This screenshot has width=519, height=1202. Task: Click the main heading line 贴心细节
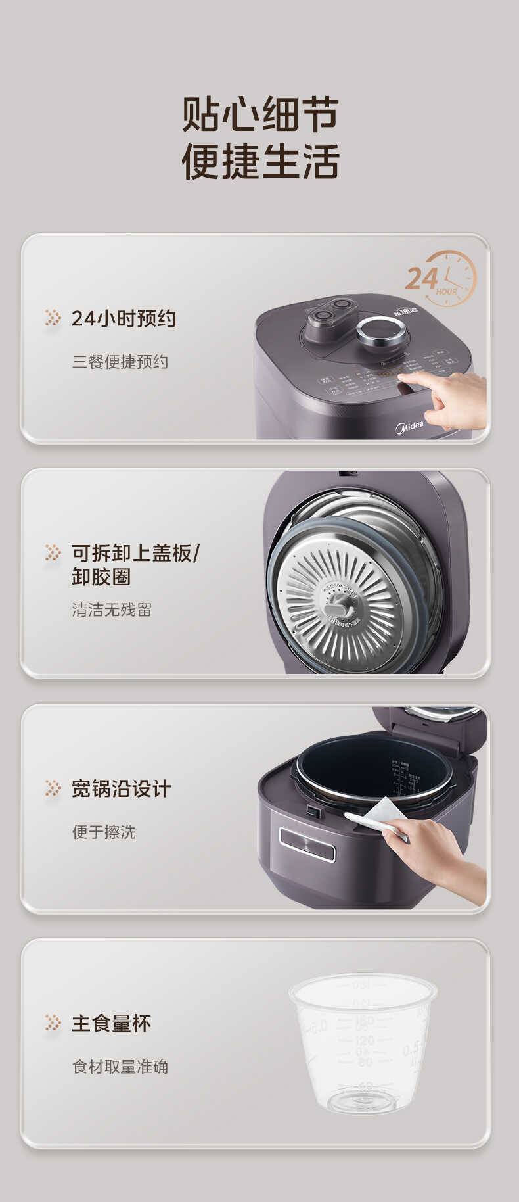click(x=260, y=114)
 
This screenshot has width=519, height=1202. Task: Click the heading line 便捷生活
click(x=260, y=162)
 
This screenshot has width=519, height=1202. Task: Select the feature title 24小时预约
click(x=124, y=318)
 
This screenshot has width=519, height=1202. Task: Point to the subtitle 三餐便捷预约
click(x=120, y=362)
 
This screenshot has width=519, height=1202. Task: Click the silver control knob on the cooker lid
click(x=381, y=331)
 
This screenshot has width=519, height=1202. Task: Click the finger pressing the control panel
click(x=420, y=380)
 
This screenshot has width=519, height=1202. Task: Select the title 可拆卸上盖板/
click(x=135, y=553)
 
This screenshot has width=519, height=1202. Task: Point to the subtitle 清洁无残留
click(x=112, y=610)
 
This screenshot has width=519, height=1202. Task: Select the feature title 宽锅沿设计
click(x=121, y=788)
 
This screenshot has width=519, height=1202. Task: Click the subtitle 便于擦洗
click(x=104, y=832)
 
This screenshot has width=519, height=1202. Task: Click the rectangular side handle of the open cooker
click(x=307, y=844)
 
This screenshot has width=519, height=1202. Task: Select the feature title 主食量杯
click(x=111, y=1023)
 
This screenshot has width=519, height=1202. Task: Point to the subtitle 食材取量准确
click(x=120, y=1067)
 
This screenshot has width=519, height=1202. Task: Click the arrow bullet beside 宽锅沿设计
click(x=53, y=788)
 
